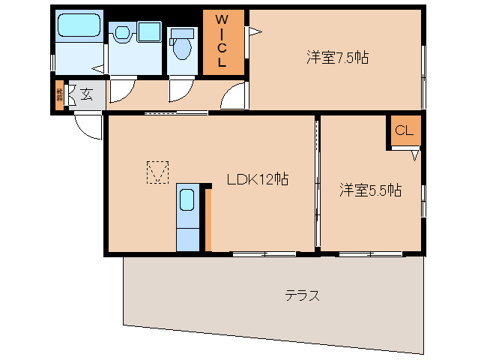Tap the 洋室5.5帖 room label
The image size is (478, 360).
[370, 190]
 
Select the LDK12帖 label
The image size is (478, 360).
[258, 179]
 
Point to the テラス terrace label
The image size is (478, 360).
[303, 295]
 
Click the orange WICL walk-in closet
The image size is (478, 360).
[222, 42]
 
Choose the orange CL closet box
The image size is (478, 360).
[405, 131]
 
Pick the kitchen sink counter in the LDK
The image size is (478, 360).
[188, 217]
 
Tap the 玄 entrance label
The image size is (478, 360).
[87, 94]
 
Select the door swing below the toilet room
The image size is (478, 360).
[181, 90]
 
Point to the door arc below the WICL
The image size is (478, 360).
[235, 94]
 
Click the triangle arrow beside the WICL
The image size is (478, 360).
[254, 31]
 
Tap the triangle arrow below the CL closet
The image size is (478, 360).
[414, 156]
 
